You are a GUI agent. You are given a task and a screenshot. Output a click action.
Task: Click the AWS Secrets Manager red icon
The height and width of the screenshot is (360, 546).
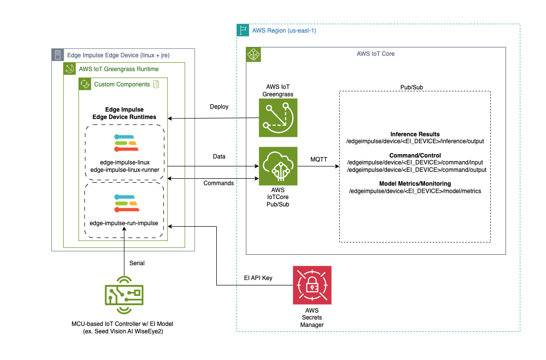(x=312, y=285)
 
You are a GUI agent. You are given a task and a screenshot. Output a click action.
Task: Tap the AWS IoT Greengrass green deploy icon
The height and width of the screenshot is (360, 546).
(x=279, y=118)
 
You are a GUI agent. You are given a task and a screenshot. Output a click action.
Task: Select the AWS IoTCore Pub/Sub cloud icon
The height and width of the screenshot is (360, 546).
(x=279, y=166)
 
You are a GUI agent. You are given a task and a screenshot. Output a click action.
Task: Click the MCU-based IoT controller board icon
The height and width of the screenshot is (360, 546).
(x=124, y=295)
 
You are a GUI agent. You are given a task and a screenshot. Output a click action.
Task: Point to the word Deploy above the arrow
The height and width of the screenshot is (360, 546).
(x=219, y=107)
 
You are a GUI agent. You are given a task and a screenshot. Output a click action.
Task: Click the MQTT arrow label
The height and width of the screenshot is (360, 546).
(x=318, y=160)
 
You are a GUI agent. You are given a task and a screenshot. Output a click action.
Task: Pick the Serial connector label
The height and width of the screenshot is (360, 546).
(x=137, y=263)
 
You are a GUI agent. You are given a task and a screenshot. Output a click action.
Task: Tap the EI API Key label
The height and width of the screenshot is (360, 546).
(x=258, y=278)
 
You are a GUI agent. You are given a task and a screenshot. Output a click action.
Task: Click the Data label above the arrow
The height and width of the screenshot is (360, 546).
(x=218, y=157)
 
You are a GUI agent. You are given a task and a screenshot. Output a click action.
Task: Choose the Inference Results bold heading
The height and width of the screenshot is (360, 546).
(x=415, y=134)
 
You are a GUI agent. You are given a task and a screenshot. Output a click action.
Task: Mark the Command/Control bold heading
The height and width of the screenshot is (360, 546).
(x=415, y=156)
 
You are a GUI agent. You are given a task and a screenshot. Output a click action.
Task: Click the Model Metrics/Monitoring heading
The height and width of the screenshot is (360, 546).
(x=415, y=184)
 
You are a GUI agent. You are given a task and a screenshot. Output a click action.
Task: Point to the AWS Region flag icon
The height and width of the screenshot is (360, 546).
(x=243, y=30)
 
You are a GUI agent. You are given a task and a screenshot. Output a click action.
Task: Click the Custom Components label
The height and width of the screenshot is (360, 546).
(x=122, y=84)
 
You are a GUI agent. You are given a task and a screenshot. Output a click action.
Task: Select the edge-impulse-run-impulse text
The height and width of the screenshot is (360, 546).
(x=124, y=223)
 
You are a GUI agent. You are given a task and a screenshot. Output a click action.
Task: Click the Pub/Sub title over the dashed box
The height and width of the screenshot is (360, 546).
(x=414, y=86)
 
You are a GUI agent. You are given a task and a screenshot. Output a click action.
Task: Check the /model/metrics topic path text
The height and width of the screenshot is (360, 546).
(x=415, y=191)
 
